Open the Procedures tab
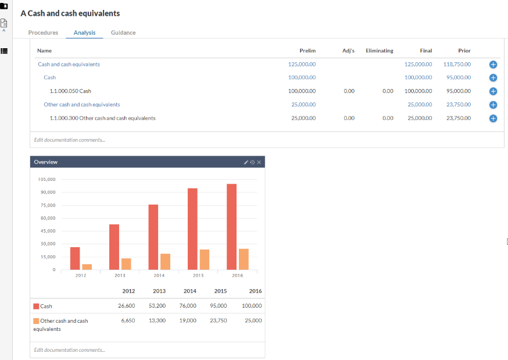click(43, 33)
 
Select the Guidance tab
click(123, 33)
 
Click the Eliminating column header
click(379, 51)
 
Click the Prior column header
click(464, 51)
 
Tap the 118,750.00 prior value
click(457, 64)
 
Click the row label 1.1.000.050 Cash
click(70, 91)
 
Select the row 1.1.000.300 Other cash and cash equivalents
click(102, 118)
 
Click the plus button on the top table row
click(493, 65)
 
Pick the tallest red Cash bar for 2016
click(232, 227)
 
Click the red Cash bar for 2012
click(75, 258)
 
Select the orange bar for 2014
click(166, 262)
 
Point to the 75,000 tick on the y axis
click(46, 205)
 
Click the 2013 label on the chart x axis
click(120, 275)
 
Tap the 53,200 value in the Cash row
click(157, 305)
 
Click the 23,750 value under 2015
click(218, 320)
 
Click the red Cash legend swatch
click(36, 306)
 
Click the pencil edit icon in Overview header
click(246, 162)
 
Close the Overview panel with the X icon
click(259, 162)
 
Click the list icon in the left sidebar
click(4, 51)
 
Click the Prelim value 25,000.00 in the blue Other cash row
click(303, 105)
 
